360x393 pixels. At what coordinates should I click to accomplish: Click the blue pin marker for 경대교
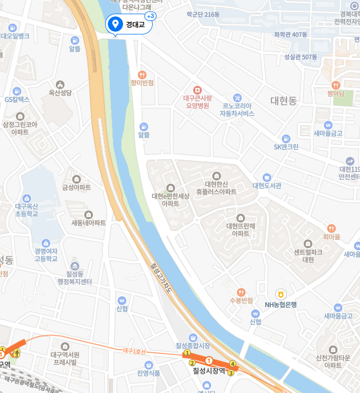[115, 24]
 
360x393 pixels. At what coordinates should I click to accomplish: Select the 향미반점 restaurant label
[142, 83]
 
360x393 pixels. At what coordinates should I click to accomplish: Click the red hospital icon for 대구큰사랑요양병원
[197, 89]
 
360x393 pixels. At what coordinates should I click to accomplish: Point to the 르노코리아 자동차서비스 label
[237, 110]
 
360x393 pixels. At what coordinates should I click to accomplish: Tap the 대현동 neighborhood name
[283, 101]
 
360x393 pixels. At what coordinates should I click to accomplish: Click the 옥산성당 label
[60, 93]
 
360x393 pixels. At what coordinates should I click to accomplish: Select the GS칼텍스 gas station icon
[17, 90]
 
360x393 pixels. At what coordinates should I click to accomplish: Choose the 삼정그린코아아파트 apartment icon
[20, 116]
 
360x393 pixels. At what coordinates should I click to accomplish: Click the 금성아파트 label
[77, 187]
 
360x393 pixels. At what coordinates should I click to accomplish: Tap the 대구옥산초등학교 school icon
[26, 198]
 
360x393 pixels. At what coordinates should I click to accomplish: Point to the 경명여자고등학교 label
[46, 255]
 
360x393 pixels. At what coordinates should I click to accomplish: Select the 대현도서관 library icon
[266, 177]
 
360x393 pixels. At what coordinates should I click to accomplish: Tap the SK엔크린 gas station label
[286, 146]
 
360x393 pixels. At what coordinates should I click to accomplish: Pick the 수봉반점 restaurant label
[241, 300]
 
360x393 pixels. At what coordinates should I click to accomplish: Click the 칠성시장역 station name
[209, 371]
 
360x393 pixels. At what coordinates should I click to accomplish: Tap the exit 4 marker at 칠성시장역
[233, 363]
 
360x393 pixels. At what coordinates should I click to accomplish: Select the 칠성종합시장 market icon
[193, 337]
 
